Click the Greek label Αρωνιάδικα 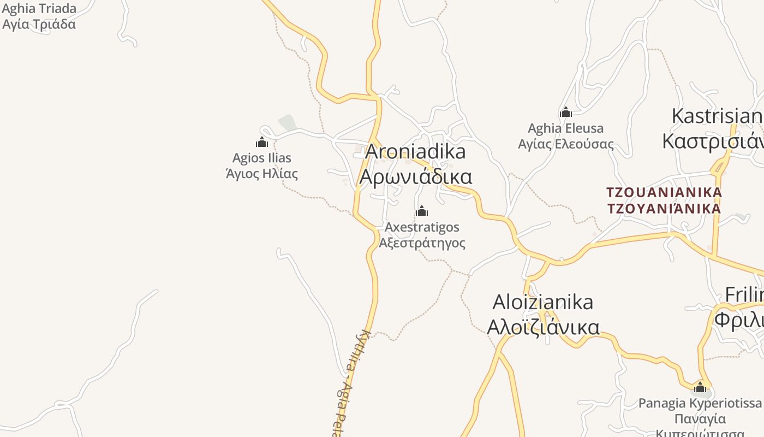click(416, 177)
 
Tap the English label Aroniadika click(415, 151)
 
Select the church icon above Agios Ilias click(262, 143)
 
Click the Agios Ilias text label click(262, 158)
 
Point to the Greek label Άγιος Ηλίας click(262, 174)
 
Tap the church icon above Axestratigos click(422, 211)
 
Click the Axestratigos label click(422, 227)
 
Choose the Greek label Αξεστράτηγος click(422, 243)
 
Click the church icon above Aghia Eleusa click(566, 113)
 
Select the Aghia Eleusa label click(566, 128)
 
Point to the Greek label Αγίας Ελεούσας click(566, 144)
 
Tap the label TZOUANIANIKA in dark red click(664, 192)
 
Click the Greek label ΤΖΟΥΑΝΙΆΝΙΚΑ click(664, 208)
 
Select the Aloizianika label click(543, 302)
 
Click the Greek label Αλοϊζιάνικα click(543, 327)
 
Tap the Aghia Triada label click(39, 9)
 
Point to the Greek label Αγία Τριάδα click(39, 24)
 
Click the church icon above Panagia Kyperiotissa click(700, 388)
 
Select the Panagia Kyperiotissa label click(700, 403)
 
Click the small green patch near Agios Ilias click(288, 123)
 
